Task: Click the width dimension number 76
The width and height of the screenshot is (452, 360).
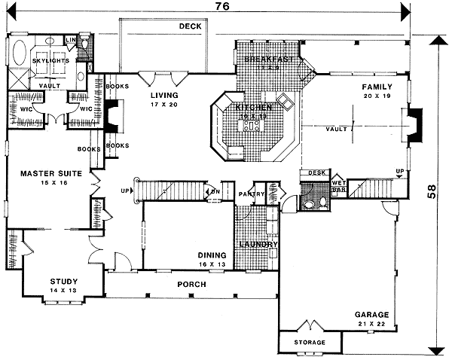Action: tap(222, 7)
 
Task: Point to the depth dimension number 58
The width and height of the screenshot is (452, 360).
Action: tap(432, 191)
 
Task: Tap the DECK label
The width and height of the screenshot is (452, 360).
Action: tap(190, 26)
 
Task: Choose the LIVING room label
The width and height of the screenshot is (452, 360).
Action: tap(163, 96)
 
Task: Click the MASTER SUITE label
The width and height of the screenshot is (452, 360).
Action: tap(45, 174)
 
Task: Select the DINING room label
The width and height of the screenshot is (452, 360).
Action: tap(212, 255)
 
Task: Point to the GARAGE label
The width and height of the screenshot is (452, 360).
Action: tap(372, 314)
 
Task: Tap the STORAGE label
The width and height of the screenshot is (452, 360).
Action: tap(310, 343)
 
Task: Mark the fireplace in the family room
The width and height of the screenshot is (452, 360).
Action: tap(414, 124)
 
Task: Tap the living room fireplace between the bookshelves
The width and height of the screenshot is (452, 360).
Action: tap(110, 118)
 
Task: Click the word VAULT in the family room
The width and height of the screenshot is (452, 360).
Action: tap(337, 130)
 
